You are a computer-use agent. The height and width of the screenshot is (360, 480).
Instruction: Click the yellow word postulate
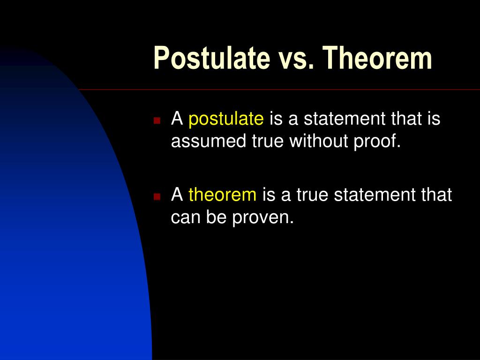coord(226,120)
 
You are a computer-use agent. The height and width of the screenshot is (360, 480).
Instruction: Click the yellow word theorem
coord(222,195)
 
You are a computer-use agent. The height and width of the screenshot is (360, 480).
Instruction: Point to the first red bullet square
coord(157,120)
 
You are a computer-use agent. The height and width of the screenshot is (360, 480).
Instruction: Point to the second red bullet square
coord(157,195)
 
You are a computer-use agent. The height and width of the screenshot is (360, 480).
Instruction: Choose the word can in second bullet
coord(185,217)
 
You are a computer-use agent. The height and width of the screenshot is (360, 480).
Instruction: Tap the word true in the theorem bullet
coord(313,195)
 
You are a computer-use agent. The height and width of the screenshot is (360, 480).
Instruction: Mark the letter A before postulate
coord(177,119)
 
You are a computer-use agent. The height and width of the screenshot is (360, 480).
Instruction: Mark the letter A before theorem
coord(177,195)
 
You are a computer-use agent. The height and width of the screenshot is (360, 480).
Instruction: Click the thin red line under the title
coord(281,90)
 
